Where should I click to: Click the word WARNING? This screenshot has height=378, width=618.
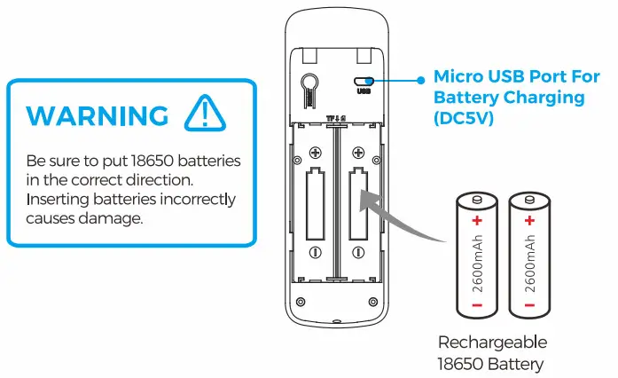pos(97,115)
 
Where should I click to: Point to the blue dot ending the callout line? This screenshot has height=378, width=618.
pos(419,80)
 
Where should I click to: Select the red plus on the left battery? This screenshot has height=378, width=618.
pos(476,219)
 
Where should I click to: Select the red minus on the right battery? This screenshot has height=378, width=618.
pos(530,305)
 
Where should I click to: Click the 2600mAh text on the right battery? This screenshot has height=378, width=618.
pos(530,264)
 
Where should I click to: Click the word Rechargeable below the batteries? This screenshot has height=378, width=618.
pos(493,342)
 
